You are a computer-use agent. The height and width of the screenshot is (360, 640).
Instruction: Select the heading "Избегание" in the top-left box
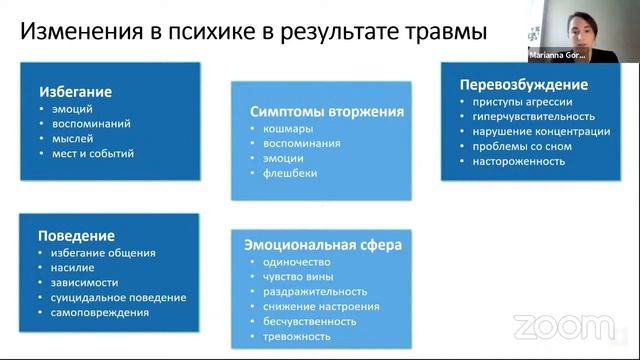[75, 92]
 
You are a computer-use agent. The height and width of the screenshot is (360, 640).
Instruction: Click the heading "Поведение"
[75, 236]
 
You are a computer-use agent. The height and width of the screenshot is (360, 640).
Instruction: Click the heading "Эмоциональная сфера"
[320, 244]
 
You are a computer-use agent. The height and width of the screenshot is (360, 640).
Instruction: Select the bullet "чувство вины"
[285, 276]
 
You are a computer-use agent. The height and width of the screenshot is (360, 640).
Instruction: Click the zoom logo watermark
[549, 326]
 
